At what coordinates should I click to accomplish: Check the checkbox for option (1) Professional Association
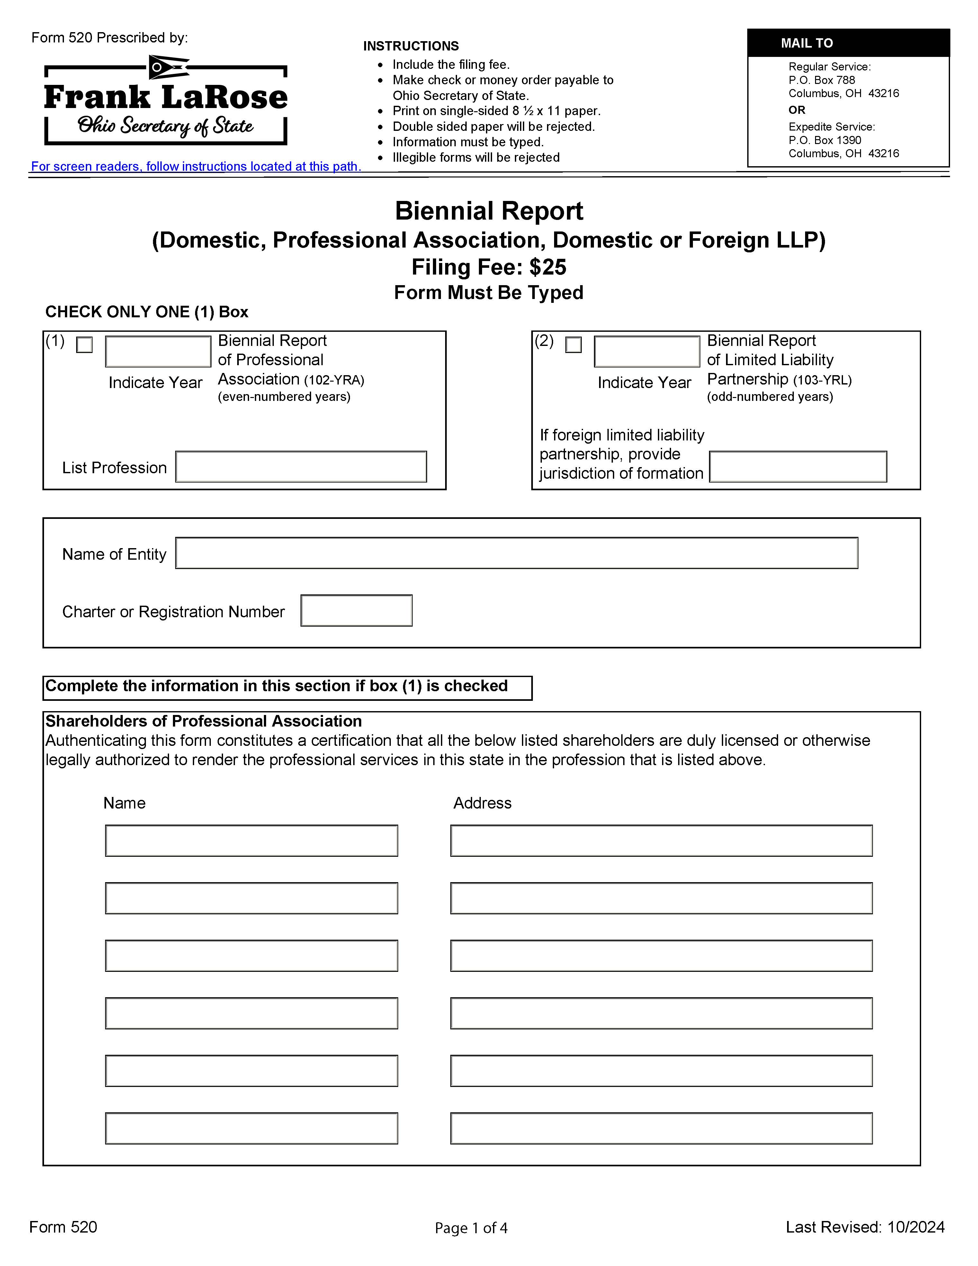coord(85,345)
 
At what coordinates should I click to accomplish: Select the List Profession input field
coord(301,467)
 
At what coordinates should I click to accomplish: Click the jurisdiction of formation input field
coord(798,467)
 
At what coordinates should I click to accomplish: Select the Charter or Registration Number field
coord(356,610)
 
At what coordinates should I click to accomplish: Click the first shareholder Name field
coord(251,841)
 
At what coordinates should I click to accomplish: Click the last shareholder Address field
coord(661,1128)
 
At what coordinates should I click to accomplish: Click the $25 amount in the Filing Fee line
coord(548,267)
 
